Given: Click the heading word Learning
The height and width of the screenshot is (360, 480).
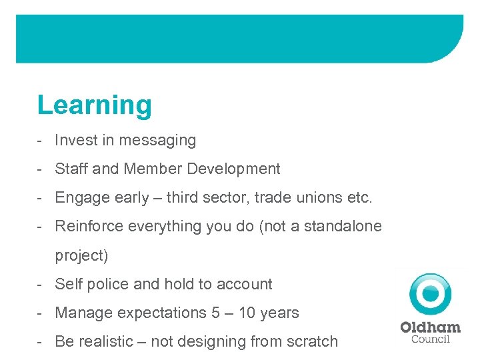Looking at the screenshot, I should tap(95, 105).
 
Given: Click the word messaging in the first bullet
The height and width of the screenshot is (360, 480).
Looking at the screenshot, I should tap(164, 141).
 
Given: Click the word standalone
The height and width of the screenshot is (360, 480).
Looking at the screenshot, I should tap(343, 227).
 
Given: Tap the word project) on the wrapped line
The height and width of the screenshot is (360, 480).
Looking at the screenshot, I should tap(81, 256).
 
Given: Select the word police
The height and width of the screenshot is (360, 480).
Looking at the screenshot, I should tap(107, 285).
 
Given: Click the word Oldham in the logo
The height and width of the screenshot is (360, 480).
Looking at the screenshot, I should tap(430, 327).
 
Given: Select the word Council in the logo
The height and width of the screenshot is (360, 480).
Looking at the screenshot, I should tap(430, 339).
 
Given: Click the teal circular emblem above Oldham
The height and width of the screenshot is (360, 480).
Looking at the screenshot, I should tap(431, 293).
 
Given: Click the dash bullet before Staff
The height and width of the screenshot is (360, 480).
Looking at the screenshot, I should tap(41, 169).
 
